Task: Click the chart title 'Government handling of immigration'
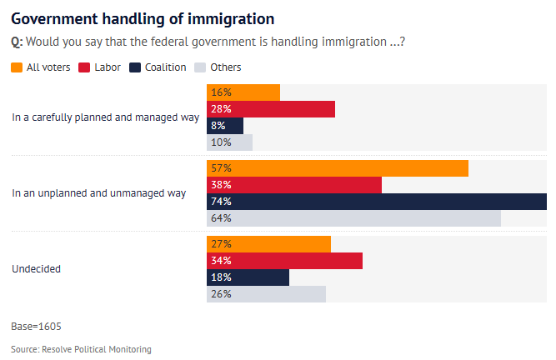(143, 17)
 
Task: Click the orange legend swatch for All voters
(18, 67)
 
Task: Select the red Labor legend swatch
(84, 67)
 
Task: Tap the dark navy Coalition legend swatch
(135, 67)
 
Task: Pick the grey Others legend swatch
(200, 67)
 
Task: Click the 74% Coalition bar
(377, 202)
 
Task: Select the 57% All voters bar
(338, 168)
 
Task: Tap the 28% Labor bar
(271, 109)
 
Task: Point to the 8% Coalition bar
(225, 126)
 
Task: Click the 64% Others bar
(353, 218)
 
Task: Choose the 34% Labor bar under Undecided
(284, 261)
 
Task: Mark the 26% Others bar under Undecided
(266, 294)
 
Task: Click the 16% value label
(221, 92)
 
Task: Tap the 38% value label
(221, 185)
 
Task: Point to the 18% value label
(221, 277)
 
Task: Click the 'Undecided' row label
(36, 269)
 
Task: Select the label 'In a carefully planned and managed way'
(105, 117)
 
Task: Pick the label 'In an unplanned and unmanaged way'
(98, 193)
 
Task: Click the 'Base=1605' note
(36, 326)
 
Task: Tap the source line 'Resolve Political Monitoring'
(81, 349)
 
